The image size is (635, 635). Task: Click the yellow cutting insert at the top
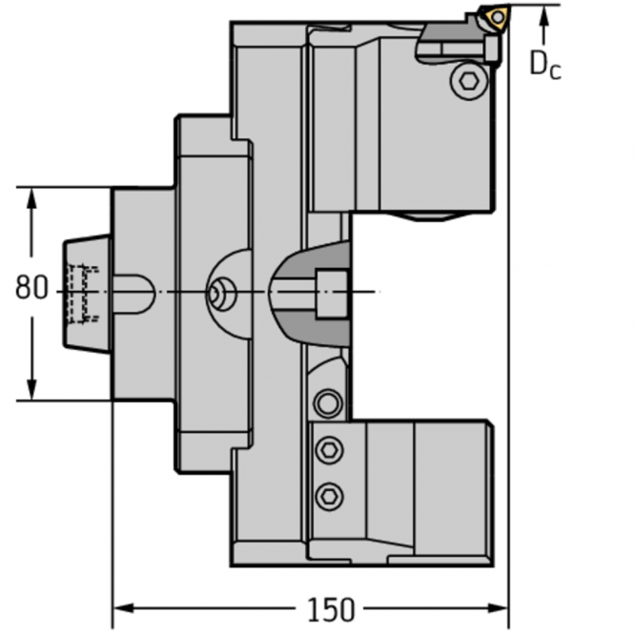tap(497, 17)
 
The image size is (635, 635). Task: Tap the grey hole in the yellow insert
tap(498, 16)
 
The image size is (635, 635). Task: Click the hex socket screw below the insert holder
tap(468, 80)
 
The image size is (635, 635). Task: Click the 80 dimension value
tap(31, 287)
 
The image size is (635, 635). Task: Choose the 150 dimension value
tap(331, 608)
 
